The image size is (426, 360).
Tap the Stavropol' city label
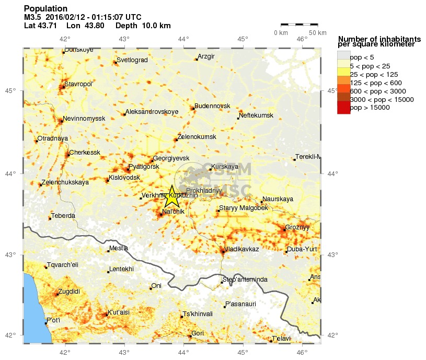pyautogui.click(x=78, y=84)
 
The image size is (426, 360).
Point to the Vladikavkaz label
pyautogui.click(x=241, y=249)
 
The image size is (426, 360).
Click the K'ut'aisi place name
pyautogui.click(x=119, y=312)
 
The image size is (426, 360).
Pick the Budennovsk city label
pyautogui.click(x=212, y=106)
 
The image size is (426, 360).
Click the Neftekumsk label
pyautogui.click(x=256, y=115)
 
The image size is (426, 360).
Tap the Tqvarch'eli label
pyautogui.click(x=63, y=265)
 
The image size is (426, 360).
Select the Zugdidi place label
pyautogui.click(x=69, y=292)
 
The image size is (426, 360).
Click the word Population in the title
pyautogui.click(x=45, y=9)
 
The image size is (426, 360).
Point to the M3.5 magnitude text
pyautogui.click(x=33, y=17)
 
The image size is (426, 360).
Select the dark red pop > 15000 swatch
pyautogui.click(x=343, y=108)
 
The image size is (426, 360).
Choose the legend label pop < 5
pyautogui.click(x=362, y=57)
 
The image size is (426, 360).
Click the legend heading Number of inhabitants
pyautogui.click(x=379, y=39)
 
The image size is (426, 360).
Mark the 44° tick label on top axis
pyautogui.click(x=183, y=39)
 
